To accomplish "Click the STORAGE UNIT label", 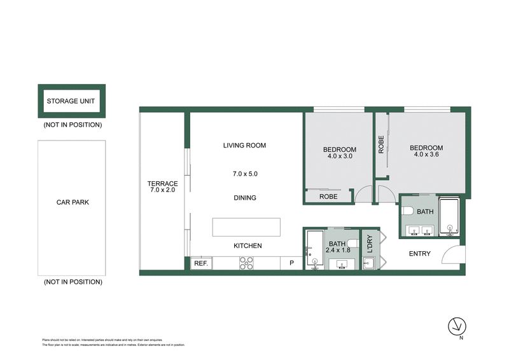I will click(x=72, y=101).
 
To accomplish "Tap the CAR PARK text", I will click(x=72, y=203).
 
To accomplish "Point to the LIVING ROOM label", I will click(x=244, y=146).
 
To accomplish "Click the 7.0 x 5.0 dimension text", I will click(x=244, y=174).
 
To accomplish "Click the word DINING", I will click(x=244, y=198).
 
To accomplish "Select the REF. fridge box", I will click(x=200, y=263).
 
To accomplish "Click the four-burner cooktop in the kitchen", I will click(x=246, y=263).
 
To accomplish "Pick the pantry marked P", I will click(x=292, y=263).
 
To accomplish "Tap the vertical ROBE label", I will click(x=381, y=146).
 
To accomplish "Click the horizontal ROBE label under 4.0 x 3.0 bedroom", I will click(x=329, y=197).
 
